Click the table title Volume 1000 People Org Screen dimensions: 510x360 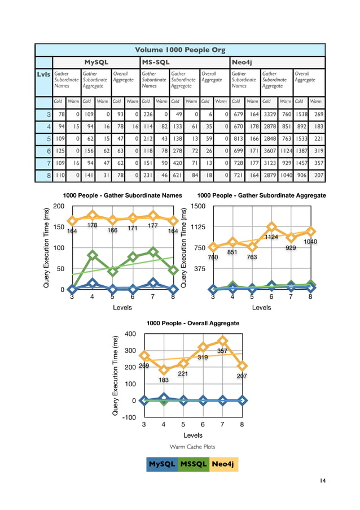point(180,50)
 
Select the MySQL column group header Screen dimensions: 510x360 point(96,62)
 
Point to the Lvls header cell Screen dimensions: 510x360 point(43,73)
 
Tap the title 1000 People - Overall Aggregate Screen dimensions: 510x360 point(193,324)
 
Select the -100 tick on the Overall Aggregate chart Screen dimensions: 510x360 point(129,417)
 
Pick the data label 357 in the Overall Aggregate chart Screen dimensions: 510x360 point(222,351)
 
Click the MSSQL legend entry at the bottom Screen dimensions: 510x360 point(194,464)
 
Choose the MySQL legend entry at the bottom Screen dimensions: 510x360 point(162,464)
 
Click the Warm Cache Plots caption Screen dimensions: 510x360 point(192,447)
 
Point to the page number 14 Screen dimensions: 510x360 point(322,481)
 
